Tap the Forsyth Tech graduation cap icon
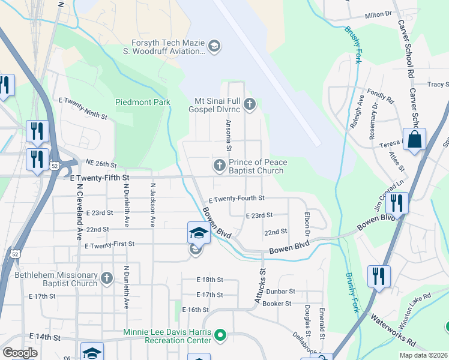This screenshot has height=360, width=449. point(214,46)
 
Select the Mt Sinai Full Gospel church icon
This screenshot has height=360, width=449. point(250,106)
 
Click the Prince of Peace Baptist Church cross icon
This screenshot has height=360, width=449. point(220,165)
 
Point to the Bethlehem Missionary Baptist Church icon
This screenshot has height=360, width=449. point(106,278)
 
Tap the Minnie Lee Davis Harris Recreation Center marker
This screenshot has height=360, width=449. point(220,335)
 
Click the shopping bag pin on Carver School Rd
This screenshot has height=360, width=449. point(414,140)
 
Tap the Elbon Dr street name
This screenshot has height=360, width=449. point(307,225)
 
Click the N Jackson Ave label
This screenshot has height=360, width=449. point(153,205)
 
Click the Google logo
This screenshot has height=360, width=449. point(20,353)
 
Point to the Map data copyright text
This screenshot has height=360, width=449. point(423,355)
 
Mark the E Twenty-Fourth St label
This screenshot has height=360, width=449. point(237,198)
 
